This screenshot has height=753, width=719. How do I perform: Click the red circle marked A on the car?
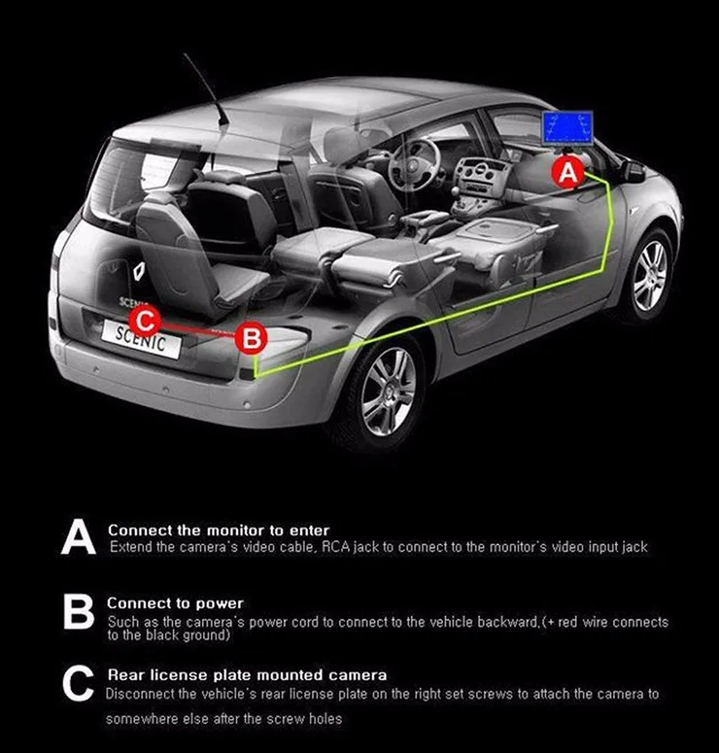[568, 172]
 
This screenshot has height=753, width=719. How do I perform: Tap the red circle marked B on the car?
[251, 337]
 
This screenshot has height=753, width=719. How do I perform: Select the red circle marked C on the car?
[146, 319]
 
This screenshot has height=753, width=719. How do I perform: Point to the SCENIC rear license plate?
[141, 338]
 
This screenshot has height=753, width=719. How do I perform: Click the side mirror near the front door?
[633, 170]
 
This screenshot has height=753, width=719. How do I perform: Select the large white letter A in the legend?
[78, 538]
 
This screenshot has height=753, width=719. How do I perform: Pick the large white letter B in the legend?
[78, 613]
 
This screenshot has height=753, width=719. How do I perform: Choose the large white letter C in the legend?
[78, 686]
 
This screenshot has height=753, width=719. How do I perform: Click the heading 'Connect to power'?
[175, 604]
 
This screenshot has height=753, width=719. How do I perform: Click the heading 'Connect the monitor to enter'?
[218, 530]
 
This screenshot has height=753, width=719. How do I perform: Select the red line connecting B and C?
[198, 329]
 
